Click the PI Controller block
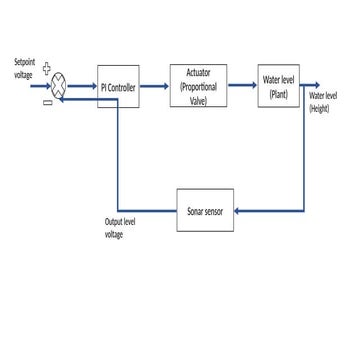click(x=118, y=86)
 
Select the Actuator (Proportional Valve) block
click(x=198, y=86)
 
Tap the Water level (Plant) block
click(x=278, y=86)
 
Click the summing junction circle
click(x=59, y=86)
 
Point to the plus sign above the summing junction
click(x=47, y=70)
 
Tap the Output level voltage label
click(x=119, y=227)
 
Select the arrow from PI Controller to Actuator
click(x=154, y=86)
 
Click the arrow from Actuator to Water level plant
click(x=242, y=86)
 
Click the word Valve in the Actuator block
click(x=198, y=100)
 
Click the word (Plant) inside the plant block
click(x=278, y=93)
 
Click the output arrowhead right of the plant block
click(x=314, y=86)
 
